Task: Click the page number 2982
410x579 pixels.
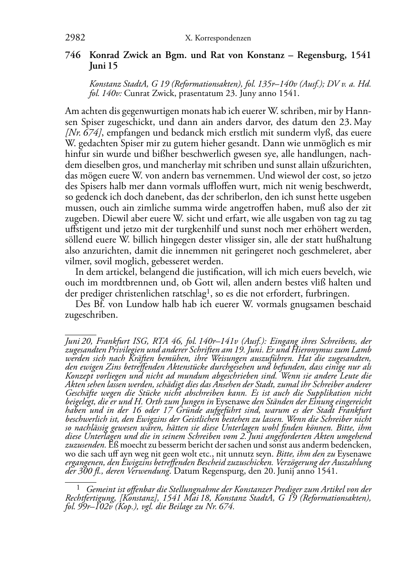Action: pyautogui.click(x=75, y=38)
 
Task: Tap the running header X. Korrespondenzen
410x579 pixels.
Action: pyautogui.click(x=218, y=38)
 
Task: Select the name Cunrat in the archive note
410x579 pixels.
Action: pyautogui.click(x=137, y=94)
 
